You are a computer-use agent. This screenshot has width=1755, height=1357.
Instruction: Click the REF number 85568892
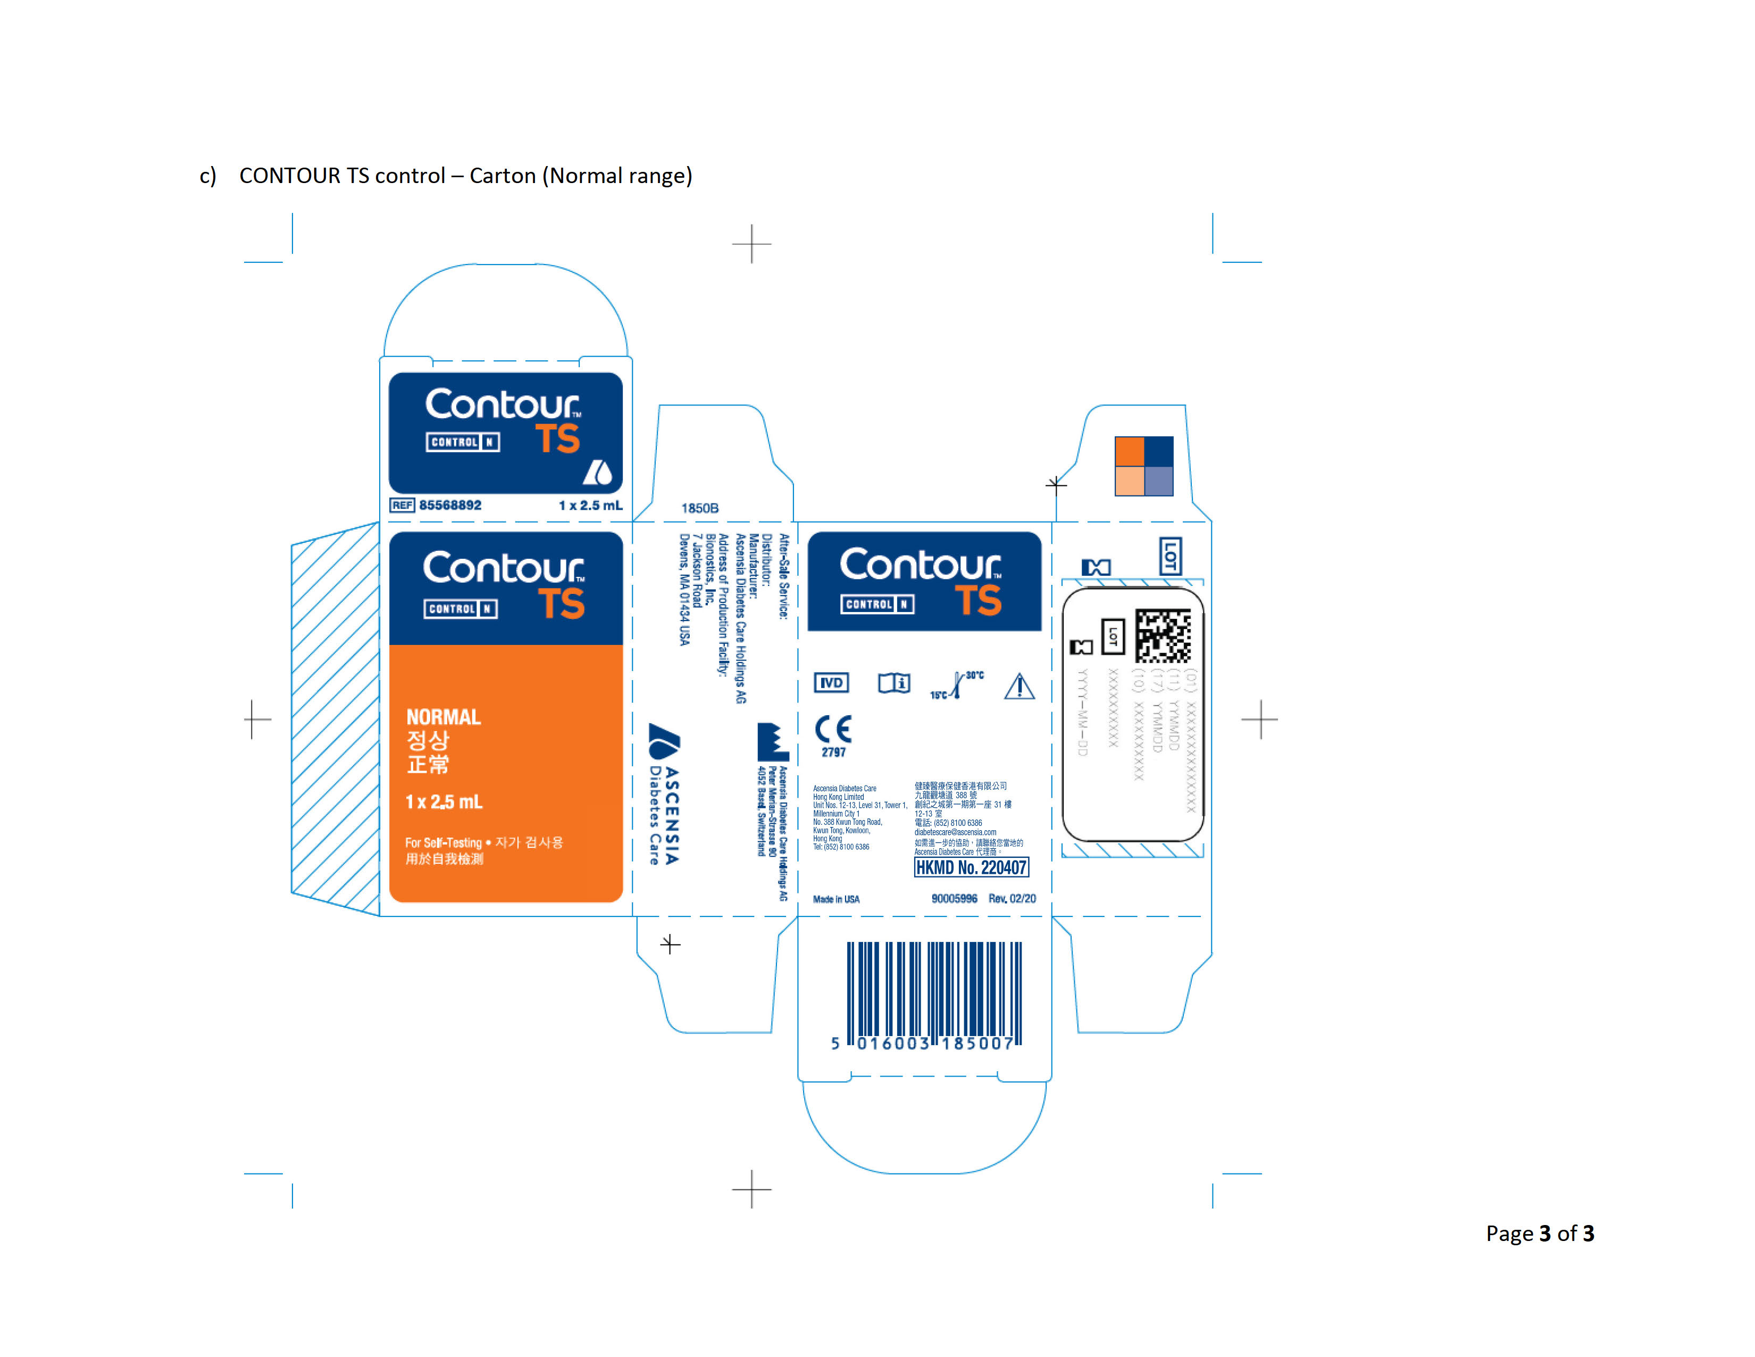(x=449, y=505)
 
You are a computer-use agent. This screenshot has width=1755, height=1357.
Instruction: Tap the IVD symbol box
(x=831, y=683)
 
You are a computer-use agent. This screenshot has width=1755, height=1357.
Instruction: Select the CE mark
(x=833, y=729)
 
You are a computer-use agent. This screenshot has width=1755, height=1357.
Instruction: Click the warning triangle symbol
(x=1019, y=686)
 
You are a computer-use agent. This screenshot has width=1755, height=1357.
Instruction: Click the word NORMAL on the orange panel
(x=443, y=717)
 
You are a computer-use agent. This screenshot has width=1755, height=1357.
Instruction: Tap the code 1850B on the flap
(x=700, y=508)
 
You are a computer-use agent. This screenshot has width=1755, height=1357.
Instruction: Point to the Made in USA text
(x=835, y=899)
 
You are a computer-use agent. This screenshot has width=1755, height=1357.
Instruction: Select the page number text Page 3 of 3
(x=1539, y=1233)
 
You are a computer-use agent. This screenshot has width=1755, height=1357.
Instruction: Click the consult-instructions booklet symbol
(x=893, y=683)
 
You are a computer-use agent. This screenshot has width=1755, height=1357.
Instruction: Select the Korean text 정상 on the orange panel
(x=428, y=740)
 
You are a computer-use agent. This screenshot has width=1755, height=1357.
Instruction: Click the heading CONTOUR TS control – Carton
(x=465, y=175)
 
